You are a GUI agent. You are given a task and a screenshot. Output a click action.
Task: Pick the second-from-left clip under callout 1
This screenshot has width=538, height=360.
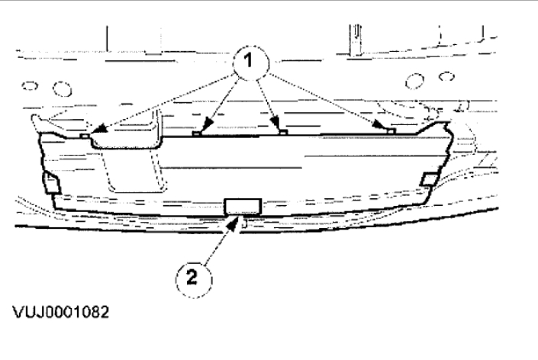[196, 133]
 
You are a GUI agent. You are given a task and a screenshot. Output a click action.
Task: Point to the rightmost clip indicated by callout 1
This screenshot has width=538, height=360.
[391, 131]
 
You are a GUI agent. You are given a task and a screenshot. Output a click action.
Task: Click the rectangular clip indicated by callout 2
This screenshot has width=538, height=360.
[243, 205]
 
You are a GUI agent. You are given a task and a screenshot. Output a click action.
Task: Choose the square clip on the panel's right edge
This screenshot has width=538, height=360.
[430, 179]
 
